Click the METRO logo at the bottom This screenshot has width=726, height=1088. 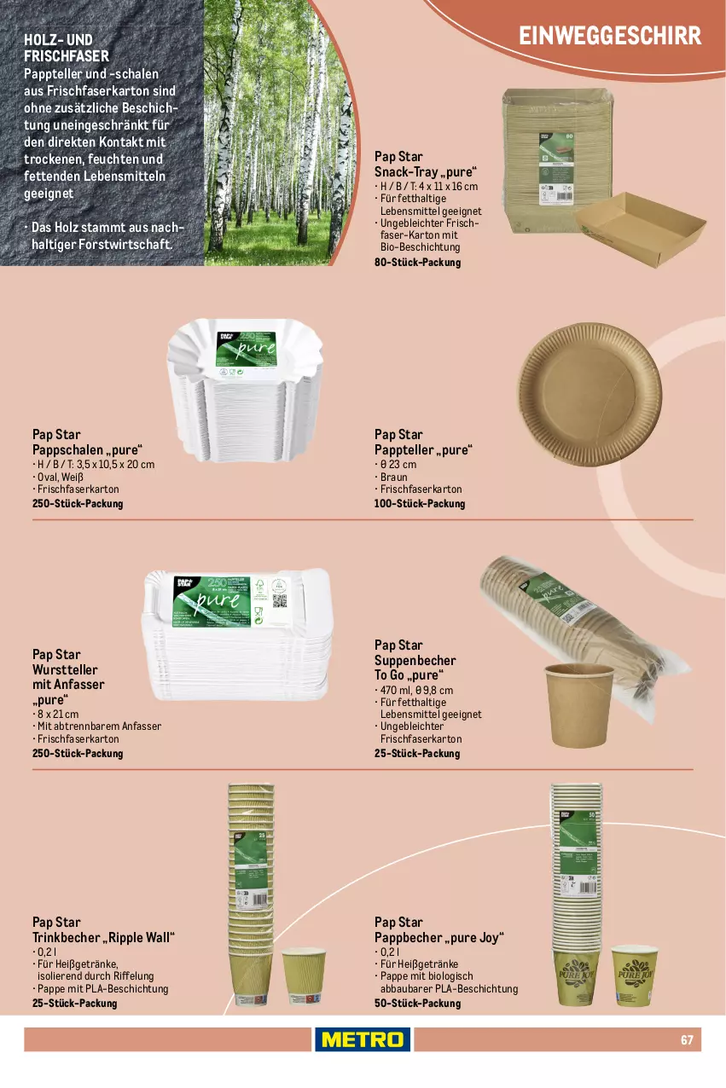click(363, 1039)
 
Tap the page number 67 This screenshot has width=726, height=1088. click(686, 1039)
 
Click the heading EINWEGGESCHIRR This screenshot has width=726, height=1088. click(610, 36)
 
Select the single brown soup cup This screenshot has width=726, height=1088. click(579, 704)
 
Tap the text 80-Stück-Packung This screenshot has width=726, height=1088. click(417, 263)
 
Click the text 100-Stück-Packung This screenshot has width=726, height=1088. click(420, 504)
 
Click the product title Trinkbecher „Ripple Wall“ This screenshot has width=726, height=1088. click(103, 938)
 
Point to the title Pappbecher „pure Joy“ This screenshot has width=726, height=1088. click(439, 938)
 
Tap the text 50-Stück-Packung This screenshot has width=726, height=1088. click(417, 1004)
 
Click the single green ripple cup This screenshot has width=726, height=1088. click(304, 975)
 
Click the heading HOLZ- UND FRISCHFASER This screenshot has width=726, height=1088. click(67, 48)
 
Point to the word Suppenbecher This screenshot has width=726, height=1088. click(415, 661)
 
